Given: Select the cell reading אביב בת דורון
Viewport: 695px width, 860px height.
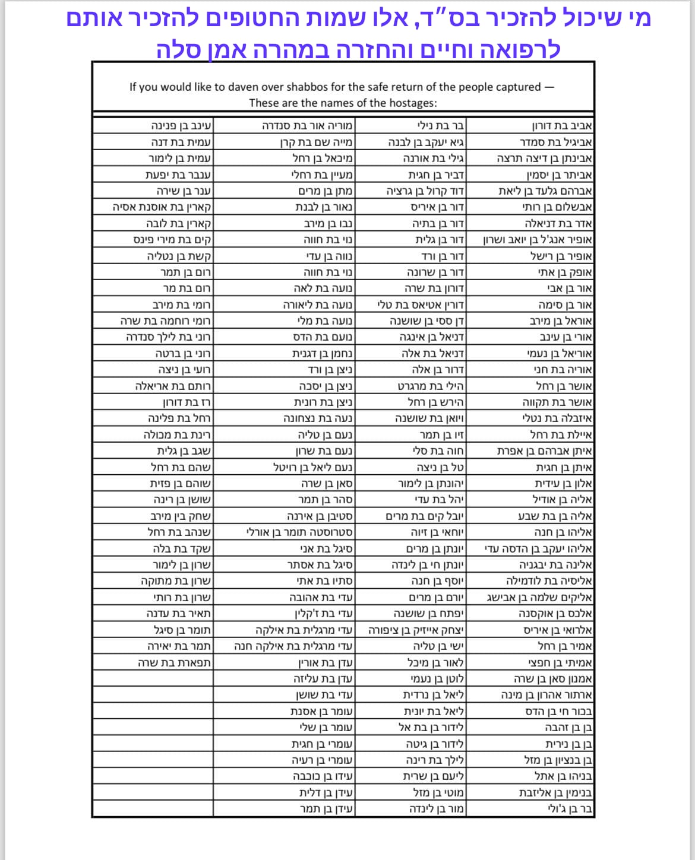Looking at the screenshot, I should (562, 126).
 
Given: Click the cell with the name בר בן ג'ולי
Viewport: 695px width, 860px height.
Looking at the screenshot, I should (570, 808).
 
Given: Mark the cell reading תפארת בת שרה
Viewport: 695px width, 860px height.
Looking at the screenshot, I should (175, 662).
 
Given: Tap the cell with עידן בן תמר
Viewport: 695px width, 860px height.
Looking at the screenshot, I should (326, 808).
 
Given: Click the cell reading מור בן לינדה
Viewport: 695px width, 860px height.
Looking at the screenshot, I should (436, 808).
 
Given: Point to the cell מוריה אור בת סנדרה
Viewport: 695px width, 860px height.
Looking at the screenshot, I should (308, 126).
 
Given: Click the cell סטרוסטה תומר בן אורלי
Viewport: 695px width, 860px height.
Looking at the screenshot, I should (300, 532).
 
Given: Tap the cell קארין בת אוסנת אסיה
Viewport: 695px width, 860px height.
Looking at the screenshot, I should (163, 207).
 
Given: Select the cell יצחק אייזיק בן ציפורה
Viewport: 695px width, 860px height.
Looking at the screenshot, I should (416, 630).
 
